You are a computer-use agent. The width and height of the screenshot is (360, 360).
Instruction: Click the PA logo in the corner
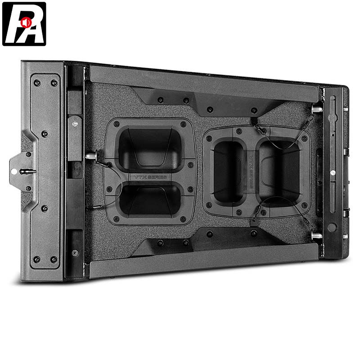pyautogui.click(x=24, y=24)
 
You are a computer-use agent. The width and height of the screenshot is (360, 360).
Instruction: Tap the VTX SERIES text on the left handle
pyautogui.click(x=151, y=177)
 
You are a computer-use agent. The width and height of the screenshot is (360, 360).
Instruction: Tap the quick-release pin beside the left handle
pyautogui.click(x=92, y=156)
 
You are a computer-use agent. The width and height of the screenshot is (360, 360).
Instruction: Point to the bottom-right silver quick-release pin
pyautogui.click(x=317, y=235)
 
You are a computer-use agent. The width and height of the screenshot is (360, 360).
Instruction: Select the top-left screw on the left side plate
pyautogui.click(x=37, y=83)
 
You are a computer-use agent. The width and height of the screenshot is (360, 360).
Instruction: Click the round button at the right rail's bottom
pyautogui.click(x=332, y=227)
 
